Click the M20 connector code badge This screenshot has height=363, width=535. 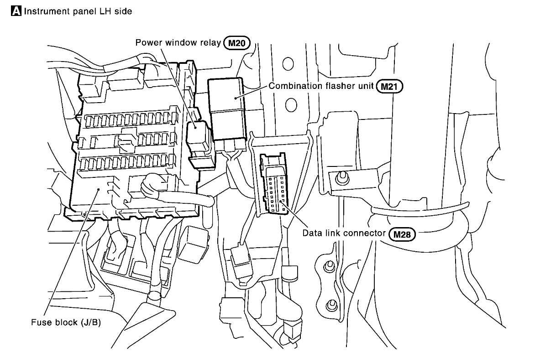[x=236, y=43]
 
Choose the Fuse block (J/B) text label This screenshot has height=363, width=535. [x=66, y=322]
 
